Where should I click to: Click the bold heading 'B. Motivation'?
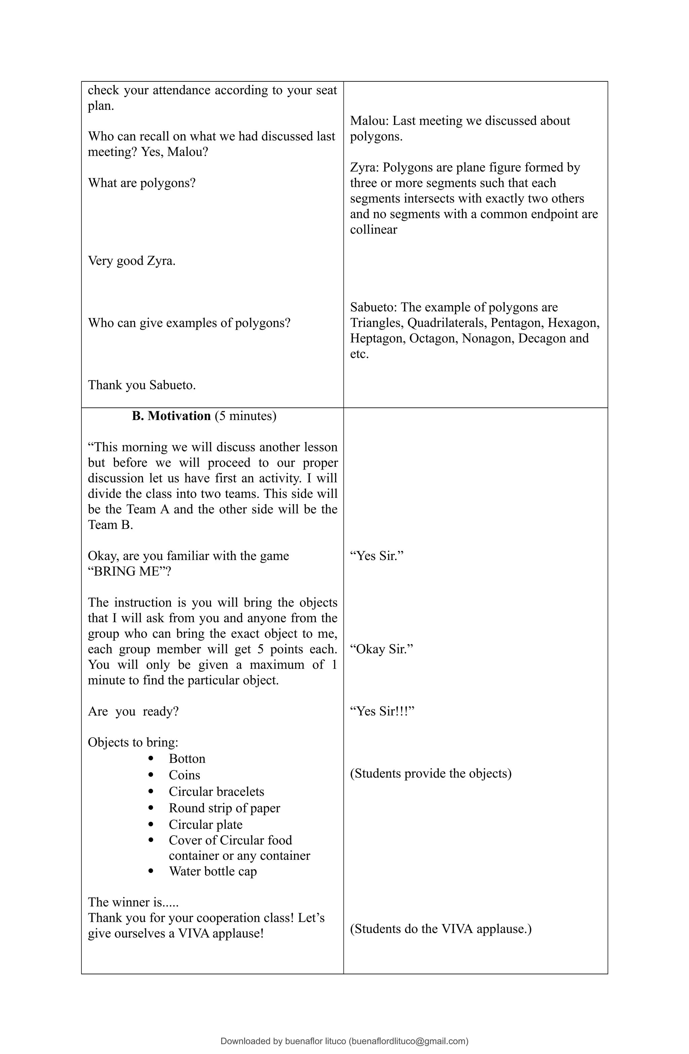(171, 416)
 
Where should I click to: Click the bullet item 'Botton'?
(187, 759)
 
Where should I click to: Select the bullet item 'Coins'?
(184, 775)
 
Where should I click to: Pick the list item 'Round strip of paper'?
(224, 808)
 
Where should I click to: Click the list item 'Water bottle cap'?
(213, 871)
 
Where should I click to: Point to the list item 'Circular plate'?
(206, 824)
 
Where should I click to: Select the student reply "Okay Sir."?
(381, 649)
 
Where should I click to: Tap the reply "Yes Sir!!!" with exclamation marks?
(382, 711)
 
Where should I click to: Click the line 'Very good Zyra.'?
(132, 260)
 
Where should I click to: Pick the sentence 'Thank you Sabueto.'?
(142, 385)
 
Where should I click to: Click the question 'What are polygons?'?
(142, 183)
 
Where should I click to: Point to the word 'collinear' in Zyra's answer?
(373, 230)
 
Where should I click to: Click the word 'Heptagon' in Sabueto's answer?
(377, 338)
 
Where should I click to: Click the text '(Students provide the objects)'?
(430, 773)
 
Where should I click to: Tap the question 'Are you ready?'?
(133, 711)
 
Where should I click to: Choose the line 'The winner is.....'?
(133, 902)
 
